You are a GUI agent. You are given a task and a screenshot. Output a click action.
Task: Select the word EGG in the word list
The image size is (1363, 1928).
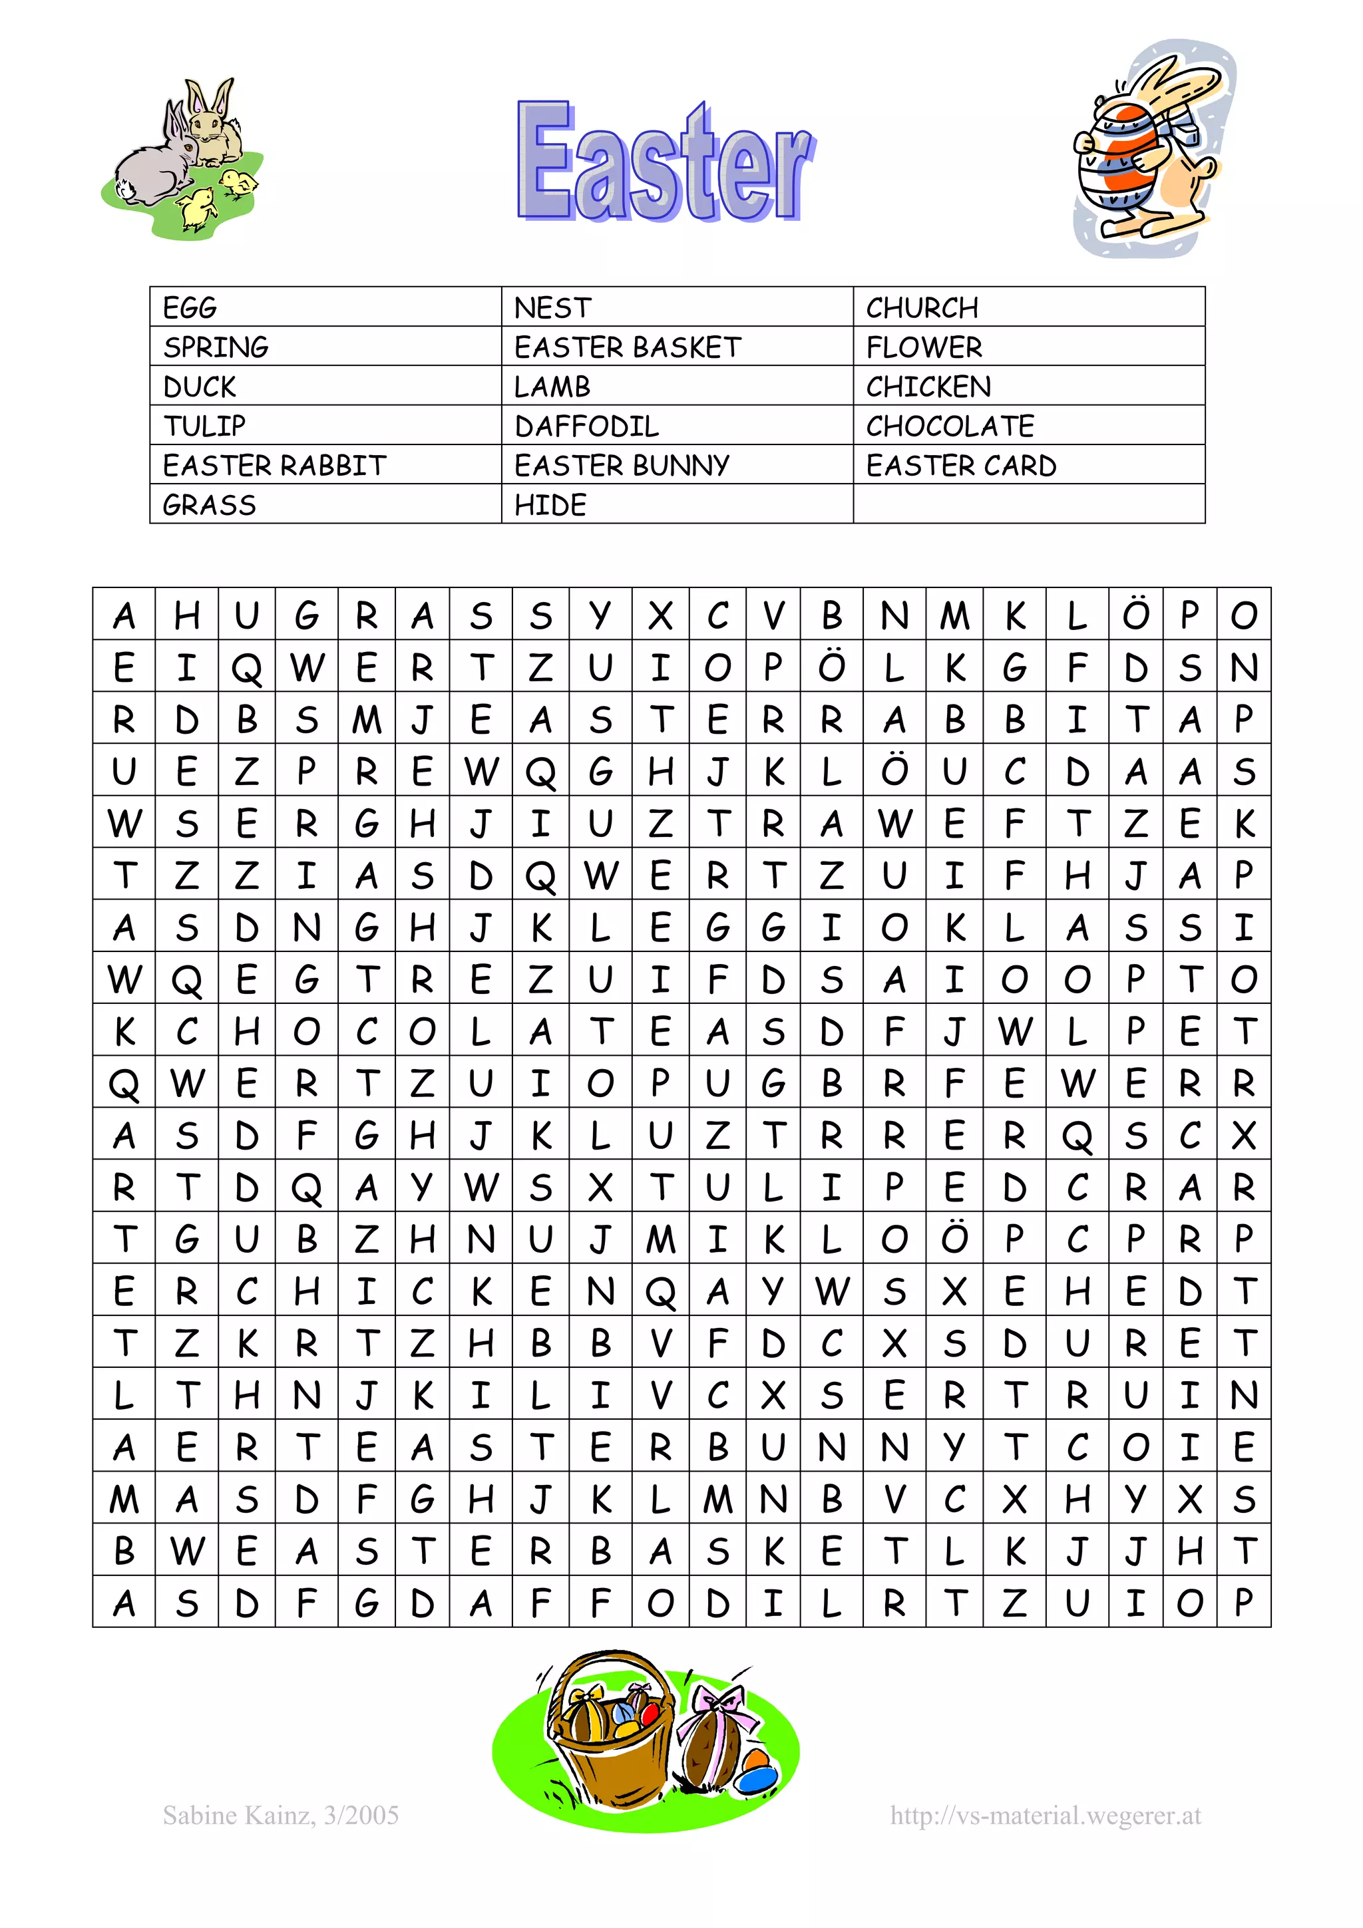click(x=190, y=308)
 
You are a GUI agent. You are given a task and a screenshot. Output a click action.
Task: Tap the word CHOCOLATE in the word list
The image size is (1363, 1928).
click(x=950, y=426)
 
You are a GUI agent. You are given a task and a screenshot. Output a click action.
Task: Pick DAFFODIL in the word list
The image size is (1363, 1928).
click(x=586, y=426)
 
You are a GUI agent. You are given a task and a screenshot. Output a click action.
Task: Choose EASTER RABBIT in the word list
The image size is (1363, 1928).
click(x=275, y=465)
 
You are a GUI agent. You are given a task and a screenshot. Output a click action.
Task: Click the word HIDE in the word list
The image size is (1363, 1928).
click(x=550, y=505)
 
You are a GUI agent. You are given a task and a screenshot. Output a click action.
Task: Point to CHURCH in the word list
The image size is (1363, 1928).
click(x=922, y=308)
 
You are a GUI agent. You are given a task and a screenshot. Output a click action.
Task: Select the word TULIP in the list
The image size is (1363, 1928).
click(x=204, y=426)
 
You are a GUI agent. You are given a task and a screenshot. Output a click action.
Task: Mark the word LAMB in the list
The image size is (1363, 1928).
click(x=552, y=387)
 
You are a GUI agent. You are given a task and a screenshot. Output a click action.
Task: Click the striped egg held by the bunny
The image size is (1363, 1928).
click(x=1117, y=156)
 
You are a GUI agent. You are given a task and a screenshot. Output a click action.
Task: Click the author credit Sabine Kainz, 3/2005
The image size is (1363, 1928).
click(x=280, y=1816)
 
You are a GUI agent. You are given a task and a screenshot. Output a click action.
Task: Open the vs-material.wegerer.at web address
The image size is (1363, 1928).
click(x=1045, y=1816)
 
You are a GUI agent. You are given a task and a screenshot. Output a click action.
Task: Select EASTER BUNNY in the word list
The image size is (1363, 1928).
click(x=622, y=465)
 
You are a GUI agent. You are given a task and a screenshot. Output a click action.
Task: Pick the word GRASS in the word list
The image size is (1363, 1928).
click(x=209, y=505)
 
